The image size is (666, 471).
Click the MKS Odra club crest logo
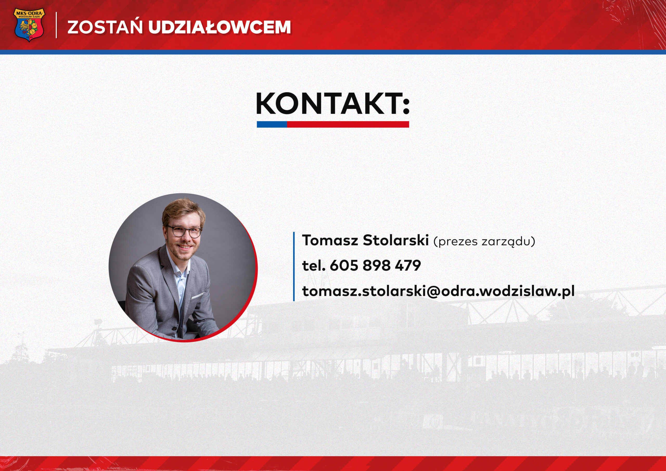(29, 25)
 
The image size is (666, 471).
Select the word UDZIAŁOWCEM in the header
(219, 27)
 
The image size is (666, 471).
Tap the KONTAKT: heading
(333, 103)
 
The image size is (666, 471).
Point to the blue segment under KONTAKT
(272, 124)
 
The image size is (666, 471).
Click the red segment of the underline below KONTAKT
(348, 124)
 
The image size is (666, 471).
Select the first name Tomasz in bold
(330, 240)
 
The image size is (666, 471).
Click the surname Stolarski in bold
(396, 240)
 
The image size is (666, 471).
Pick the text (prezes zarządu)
(484, 241)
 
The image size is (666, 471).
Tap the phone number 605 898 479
(375, 265)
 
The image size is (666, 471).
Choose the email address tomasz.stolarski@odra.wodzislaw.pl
(438, 291)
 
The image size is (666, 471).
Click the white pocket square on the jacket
(198, 296)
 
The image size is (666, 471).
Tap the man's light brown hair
(183, 212)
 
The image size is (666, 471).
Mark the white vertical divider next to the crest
(56, 25)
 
